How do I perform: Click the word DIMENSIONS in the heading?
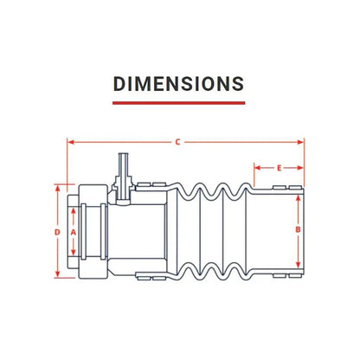pos(179,84)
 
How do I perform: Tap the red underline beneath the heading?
pos(179,103)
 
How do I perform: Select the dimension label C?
pos(178,142)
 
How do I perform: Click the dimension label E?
pos(279,168)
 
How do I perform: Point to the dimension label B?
pos(299,229)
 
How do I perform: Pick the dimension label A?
pos(74,232)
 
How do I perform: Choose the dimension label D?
pos(58,232)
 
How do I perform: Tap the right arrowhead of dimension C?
pos(300,142)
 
